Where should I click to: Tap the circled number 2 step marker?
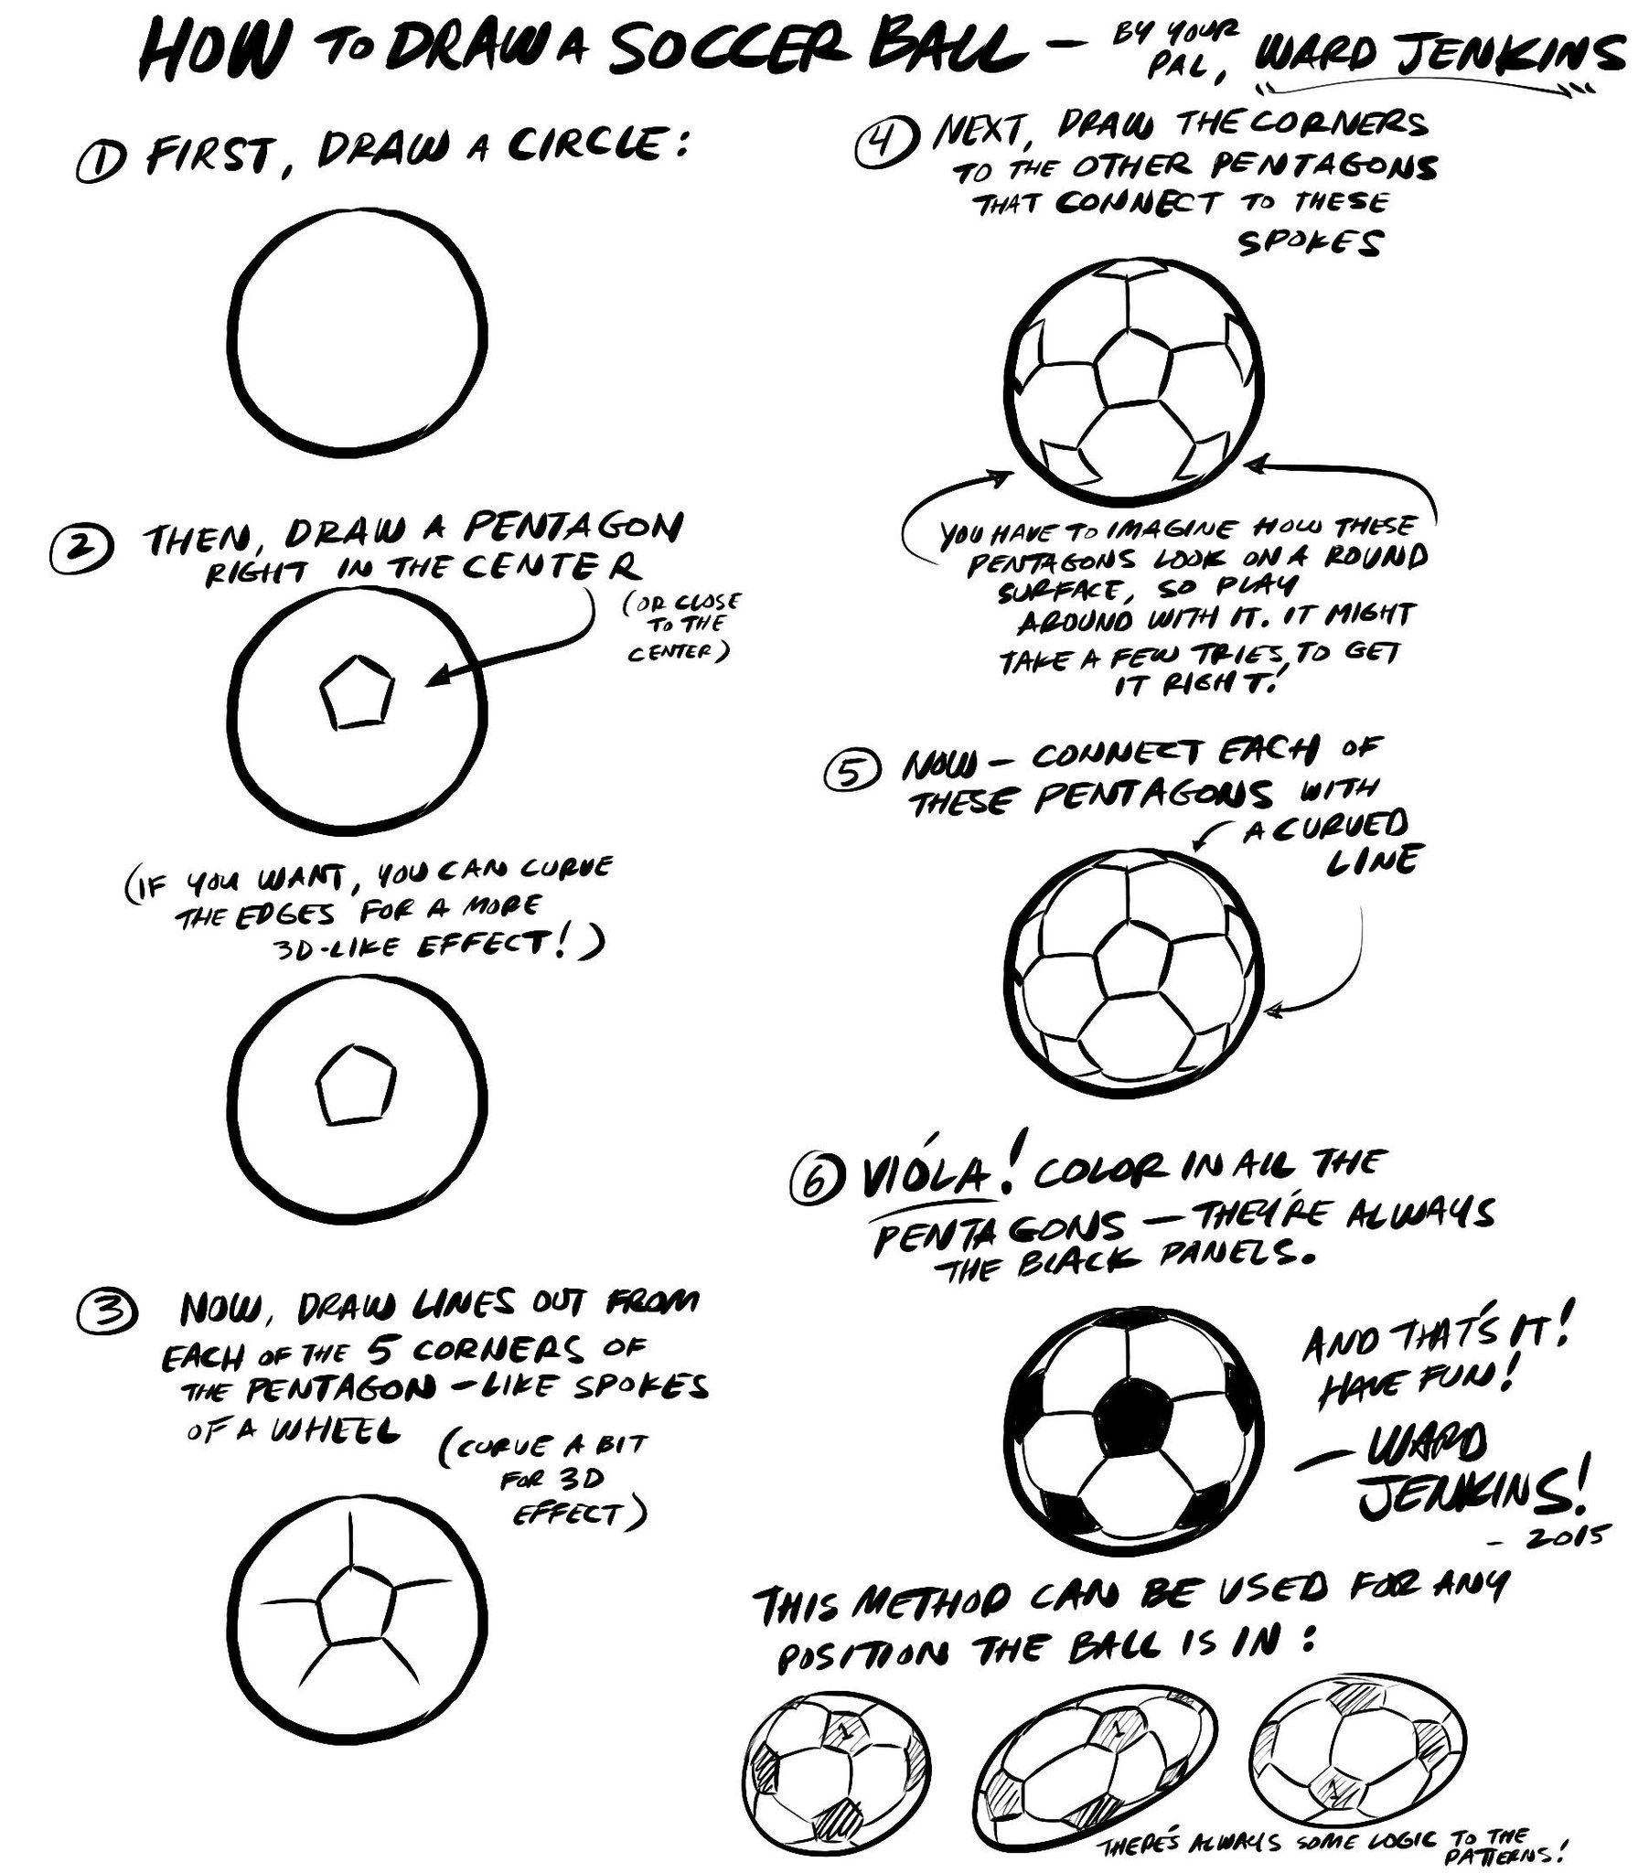83,550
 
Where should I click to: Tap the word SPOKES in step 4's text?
1310,243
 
